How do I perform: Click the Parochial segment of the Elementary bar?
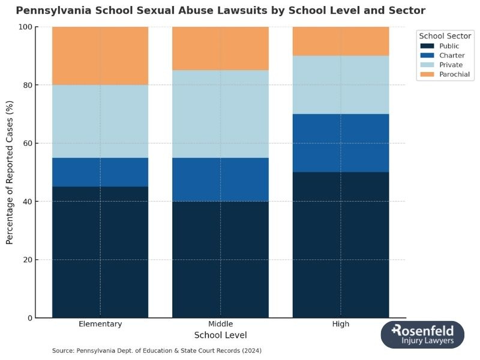click(x=100, y=56)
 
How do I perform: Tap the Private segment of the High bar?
click(x=340, y=85)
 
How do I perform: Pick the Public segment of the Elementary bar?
click(x=100, y=252)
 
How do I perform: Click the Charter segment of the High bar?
click(x=340, y=143)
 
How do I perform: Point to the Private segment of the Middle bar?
click(x=220, y=114)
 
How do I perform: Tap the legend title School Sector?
click(x=445, y=36)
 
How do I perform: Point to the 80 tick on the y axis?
click(x=27, y=85)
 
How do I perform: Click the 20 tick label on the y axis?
click(x=27, y=260)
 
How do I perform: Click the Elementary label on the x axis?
click(x=100, y=324)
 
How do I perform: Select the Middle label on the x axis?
click(x=220, y=324)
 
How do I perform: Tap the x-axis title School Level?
click(x=220, y=335)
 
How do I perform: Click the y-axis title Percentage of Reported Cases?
click(x=10, y=172)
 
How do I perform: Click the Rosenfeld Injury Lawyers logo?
click(x=422, y=334)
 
